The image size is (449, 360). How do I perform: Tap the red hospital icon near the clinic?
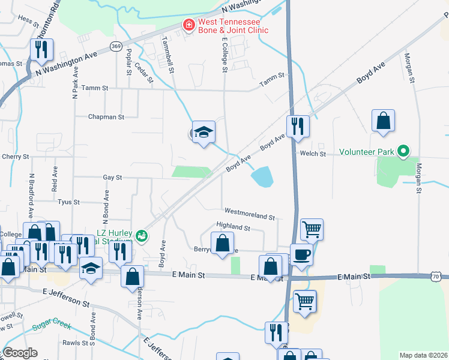click(x=188, y=25)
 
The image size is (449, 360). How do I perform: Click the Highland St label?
click(x=233, y=227)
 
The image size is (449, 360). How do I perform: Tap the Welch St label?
click(x=313, y=154)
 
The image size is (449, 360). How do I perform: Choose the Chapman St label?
click(x=106, y=118)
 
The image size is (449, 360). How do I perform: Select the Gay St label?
click(x=112, y=178)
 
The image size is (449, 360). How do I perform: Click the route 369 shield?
click(x=116, y=46)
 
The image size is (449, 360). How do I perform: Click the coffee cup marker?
click(x=301, y=254)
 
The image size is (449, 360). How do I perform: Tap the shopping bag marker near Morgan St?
click(x=383, y=121)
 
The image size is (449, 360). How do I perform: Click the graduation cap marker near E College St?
click(x=203, y=132)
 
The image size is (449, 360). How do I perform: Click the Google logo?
click(x=20, y=353)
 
